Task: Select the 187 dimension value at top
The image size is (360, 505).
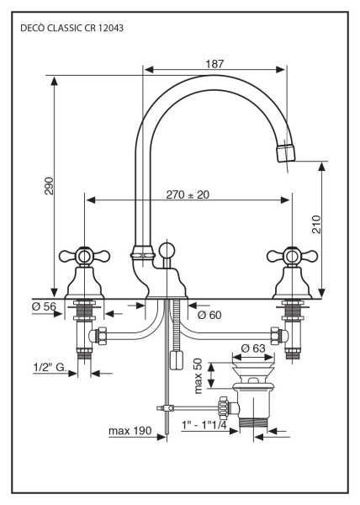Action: point(215,63)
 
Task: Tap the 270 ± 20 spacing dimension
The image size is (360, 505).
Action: point(188,194)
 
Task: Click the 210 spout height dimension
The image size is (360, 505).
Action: point(315,225)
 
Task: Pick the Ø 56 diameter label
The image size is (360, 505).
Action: point(45,306)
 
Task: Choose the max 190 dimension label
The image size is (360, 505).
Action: point(130,432)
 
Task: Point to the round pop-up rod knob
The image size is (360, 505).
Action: point(167,250)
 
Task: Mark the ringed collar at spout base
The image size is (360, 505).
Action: point(141,252)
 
